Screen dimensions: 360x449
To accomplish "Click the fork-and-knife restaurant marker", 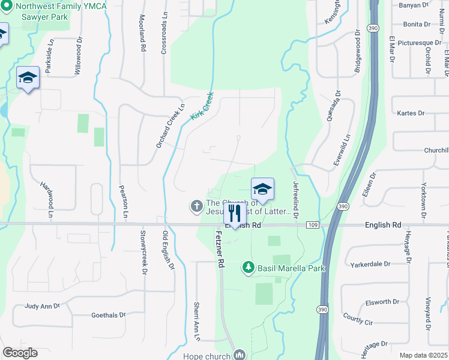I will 234,213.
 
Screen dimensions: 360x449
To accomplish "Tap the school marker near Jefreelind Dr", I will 262,190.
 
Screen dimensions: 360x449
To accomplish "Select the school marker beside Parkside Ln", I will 28,79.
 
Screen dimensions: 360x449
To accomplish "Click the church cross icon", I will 196,206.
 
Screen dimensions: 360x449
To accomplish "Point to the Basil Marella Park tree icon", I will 247,267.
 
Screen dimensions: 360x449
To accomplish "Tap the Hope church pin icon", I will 240,355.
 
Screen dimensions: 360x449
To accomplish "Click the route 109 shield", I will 312,224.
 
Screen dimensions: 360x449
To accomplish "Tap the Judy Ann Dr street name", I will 43,306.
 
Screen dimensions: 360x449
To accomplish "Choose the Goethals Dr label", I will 108,314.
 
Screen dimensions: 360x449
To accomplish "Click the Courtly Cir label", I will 358,319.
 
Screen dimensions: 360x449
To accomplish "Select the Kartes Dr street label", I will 411,113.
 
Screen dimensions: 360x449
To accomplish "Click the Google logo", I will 20,353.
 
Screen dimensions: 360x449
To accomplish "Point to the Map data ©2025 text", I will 423,355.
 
